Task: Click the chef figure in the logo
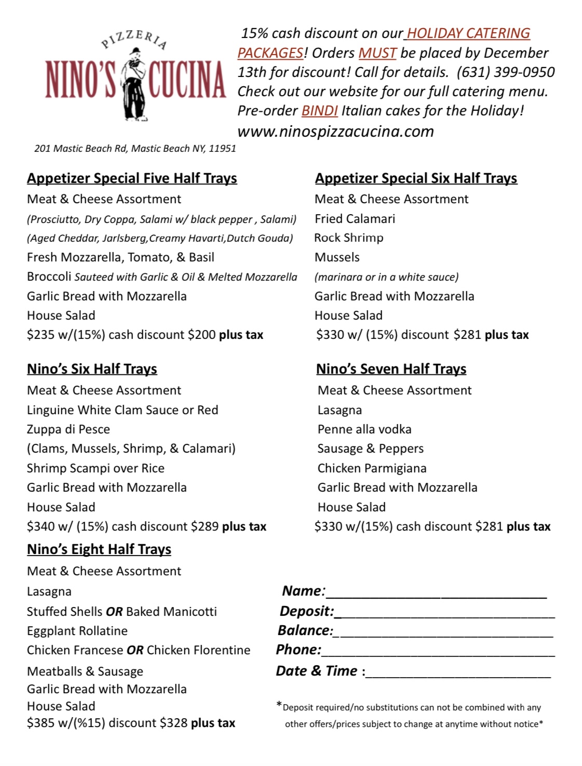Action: (x=134, y=83)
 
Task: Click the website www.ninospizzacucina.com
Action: (x=335, y=131)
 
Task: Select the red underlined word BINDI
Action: (x=319, y=111)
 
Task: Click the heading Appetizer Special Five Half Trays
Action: (x=132, y=178)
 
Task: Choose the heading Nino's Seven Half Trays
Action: (x=391, y=369)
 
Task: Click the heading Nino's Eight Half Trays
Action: (x=99, y=549)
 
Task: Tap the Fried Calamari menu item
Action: (x=355, y=219)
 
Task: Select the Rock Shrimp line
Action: (x=349, y=238)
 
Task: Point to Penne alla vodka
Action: (x=364, y=429)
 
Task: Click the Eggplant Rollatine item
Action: (x=77, y=631)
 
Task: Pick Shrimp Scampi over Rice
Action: (x=96, y=468)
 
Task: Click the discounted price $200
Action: (x=201, y=335)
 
